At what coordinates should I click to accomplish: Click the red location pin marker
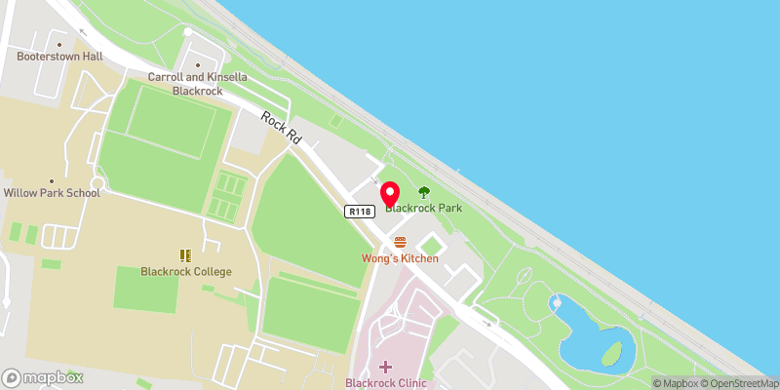(389, 192)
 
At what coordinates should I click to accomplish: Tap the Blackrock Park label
(423, 208)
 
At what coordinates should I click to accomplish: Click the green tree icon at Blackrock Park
(423, 193)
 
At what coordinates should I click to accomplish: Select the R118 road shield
(357, 211)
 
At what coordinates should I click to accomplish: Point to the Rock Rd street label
(281, 130)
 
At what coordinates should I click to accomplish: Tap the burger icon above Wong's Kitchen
(399, 242)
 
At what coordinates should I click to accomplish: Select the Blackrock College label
(185, 271)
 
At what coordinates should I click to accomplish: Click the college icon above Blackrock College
(185, 255)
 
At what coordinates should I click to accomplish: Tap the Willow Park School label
(51, 193)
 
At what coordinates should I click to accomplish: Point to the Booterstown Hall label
(59, 57)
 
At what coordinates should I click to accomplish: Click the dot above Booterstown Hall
(59, 44)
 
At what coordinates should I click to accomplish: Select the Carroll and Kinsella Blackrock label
(196, 83)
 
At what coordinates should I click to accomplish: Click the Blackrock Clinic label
(386, 383)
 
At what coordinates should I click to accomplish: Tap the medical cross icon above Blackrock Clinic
(386, 367)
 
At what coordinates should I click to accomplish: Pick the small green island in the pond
(612, 352)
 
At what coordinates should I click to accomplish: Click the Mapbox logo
(41, 377)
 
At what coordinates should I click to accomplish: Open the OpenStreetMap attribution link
(738, 383)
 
